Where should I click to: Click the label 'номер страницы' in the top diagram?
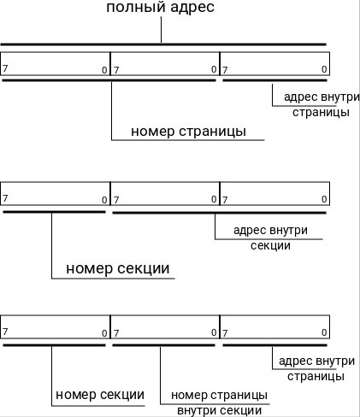[189, 132]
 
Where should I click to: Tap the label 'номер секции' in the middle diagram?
[118, 268]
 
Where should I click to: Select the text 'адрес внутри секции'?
[270, 238]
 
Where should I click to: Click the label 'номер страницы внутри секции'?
[219, 402]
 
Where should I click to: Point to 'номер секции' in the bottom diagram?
[99, 395]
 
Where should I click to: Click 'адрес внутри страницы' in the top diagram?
[320, 104]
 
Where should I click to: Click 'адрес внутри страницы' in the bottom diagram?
[316, 368]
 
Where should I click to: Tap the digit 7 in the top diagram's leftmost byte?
[5, 68]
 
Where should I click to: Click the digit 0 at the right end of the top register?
[324, 68]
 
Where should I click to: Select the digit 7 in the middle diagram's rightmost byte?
[225, 198]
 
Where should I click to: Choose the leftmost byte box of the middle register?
[56, 192]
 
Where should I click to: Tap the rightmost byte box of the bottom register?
[274, 326]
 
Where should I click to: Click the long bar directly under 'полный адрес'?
[162, 44]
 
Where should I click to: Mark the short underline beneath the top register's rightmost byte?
[274, 80]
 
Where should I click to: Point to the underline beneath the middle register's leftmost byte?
[53, 210]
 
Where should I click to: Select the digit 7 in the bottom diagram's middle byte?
[115, 332]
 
